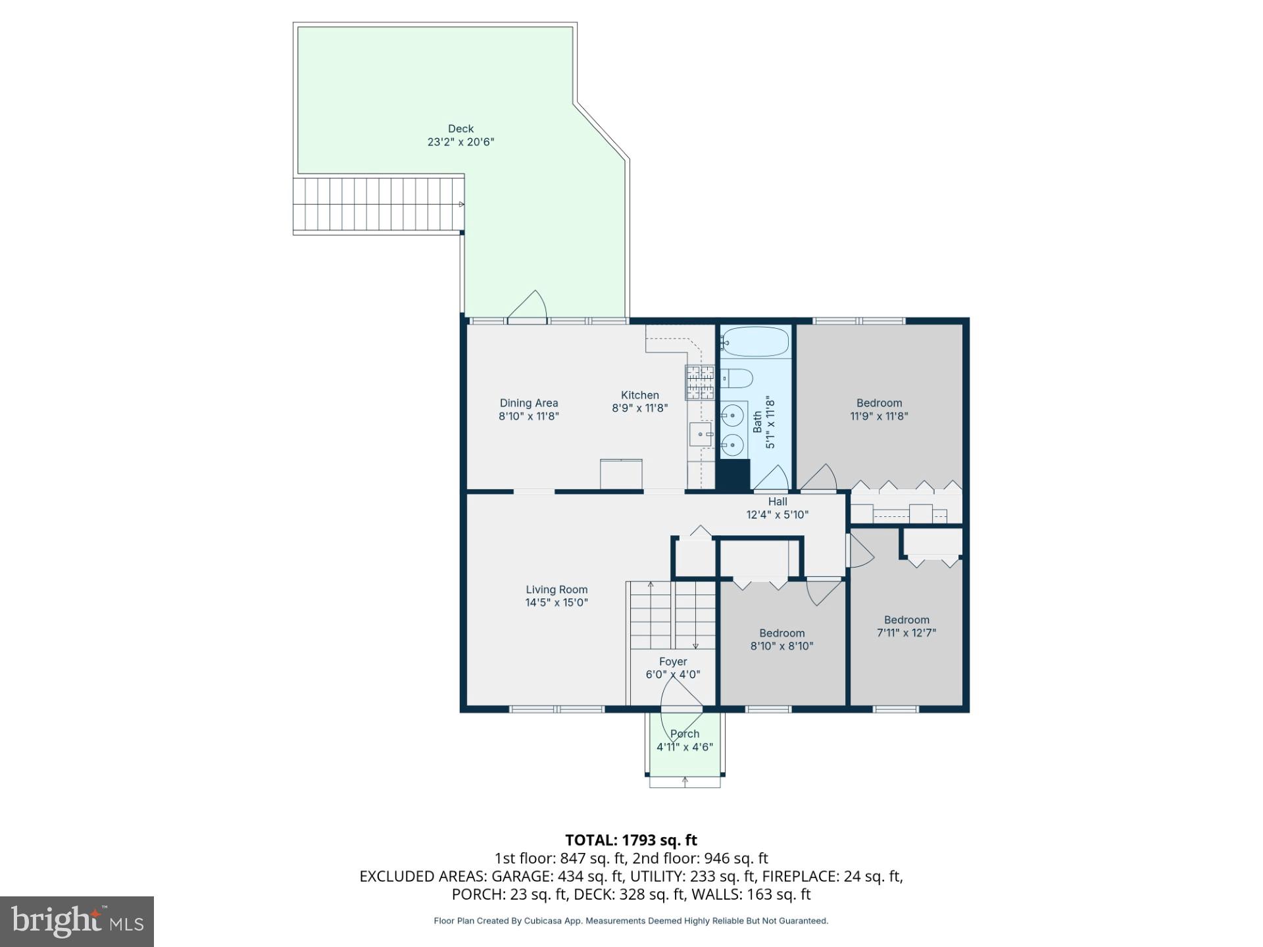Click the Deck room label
click(460, 129)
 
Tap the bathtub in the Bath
click(755, 342)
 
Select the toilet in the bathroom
click(737, 378)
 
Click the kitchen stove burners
click(700, 382)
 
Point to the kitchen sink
click(701, 435)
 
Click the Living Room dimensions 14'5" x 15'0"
click(557, 602)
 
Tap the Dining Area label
click(529, 403)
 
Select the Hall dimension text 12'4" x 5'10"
click(777, 515)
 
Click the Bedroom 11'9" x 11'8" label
click(879, 403)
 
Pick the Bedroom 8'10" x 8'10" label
click(781, 633)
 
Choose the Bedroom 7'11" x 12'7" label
click(906, 619)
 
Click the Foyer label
click(673, 662)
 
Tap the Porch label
click(685, 734)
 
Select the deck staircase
click(378, 204)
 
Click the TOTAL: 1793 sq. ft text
click(631, 840)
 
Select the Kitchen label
click(639, 395)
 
